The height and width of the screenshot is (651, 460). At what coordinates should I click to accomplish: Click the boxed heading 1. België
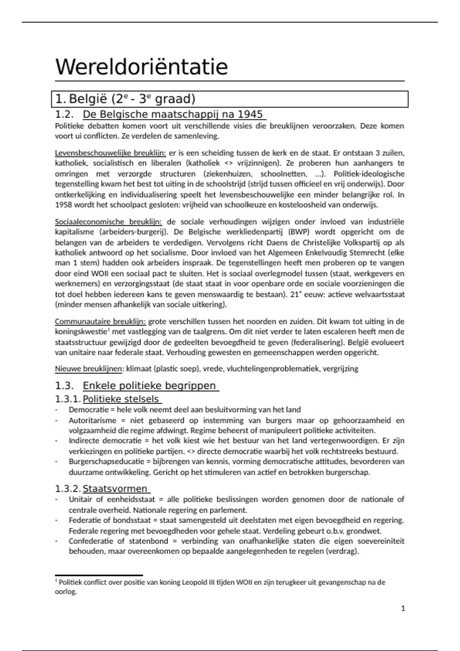click(125, 99)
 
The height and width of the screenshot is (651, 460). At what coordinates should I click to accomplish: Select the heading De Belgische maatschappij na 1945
click(173, 114)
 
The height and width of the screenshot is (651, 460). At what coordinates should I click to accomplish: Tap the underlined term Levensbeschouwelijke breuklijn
click(110, 153)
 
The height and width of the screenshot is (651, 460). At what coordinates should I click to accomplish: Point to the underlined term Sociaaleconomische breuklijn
click(108, 222)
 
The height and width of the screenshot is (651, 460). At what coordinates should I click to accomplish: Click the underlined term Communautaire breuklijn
click(100, 321)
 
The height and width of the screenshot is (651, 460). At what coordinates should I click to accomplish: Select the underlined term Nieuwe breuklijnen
click(89, 369)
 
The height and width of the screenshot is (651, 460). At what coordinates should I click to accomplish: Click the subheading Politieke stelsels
click(120, 399)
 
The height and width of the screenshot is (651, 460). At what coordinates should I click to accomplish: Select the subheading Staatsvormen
click(115, 489)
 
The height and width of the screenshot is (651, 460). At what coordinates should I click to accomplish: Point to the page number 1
click(403, 608)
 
